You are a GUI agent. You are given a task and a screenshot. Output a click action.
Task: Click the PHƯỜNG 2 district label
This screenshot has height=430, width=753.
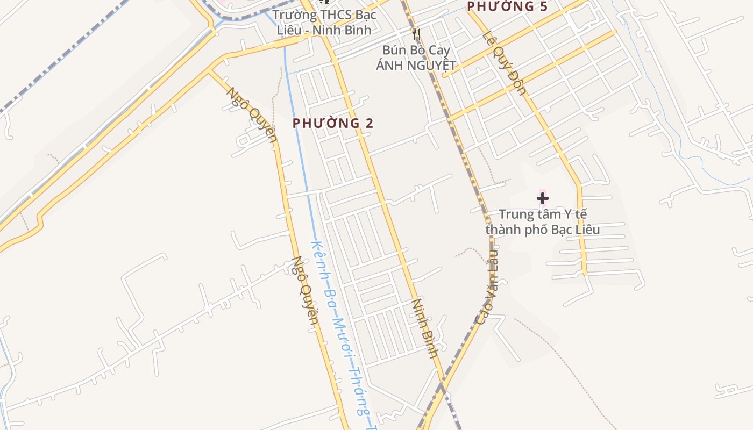(x=332, y=123)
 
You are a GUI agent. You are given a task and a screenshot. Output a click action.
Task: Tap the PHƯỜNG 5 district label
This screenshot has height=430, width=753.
(x=508, y=6)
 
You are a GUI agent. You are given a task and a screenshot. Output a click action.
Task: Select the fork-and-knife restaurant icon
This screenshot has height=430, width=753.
(x=416, y=35)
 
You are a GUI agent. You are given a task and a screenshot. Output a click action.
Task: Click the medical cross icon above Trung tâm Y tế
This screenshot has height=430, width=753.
(x=543, y=198)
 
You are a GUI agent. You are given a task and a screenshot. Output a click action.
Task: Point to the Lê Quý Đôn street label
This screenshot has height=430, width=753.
(x=505, y=63)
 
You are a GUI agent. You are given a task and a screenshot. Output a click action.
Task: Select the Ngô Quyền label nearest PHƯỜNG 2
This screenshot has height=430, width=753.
(x=251, y=114)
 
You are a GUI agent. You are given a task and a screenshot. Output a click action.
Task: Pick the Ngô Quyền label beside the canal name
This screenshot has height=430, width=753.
(x=305, y=291)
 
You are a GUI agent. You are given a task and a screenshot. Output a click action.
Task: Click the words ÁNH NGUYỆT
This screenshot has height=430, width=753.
(x=416, y=66)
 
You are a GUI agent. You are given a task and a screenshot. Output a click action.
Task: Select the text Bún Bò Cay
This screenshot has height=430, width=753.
(x=416, y=50)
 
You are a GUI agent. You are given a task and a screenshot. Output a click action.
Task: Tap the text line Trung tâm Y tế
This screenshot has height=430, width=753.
(x=543, y=214)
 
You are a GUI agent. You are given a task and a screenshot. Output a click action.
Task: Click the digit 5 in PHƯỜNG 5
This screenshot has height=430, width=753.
(x=544, y=6)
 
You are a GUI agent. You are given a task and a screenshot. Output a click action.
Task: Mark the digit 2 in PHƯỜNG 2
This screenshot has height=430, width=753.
(x=369, y=123)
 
